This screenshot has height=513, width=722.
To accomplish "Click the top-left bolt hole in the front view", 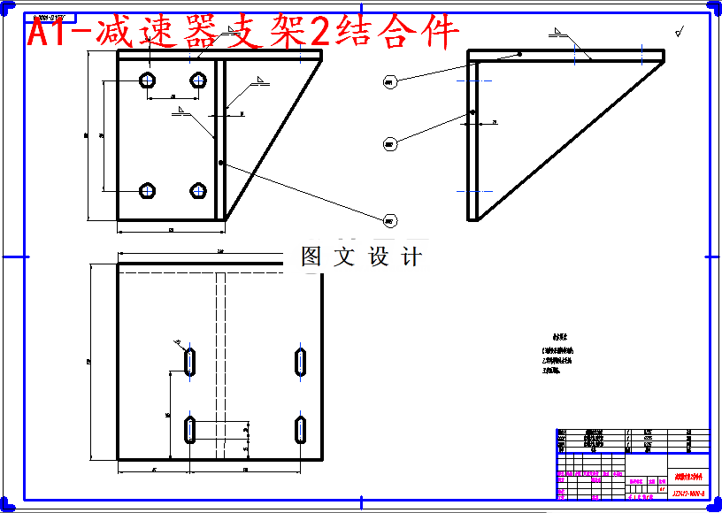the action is [x=149, y=81].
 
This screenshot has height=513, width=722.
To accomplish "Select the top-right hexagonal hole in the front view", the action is [x=198, y=81].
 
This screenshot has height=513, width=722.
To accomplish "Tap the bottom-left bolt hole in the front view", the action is [x=149, y=190].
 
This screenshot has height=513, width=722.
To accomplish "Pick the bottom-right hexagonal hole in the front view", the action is [x=198, y=190].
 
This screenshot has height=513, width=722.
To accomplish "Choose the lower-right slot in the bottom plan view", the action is [x=301, y=428].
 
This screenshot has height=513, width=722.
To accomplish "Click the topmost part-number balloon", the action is [x=388, y=82].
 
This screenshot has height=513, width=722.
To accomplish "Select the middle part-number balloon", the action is [x=388, y=143].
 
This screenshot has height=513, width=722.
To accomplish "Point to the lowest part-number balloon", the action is [x=388, y=219].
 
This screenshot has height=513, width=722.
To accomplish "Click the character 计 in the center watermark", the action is [x=411, y=256].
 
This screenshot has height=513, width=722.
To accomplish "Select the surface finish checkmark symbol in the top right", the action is [x=680, y=32].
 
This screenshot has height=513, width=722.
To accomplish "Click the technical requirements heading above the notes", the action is [x=559, y=336].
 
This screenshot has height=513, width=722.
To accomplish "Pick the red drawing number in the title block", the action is [x=687, y=494].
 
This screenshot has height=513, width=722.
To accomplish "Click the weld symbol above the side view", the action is [x=559, y=33].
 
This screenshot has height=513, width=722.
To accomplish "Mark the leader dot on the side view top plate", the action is [x=520, y=54].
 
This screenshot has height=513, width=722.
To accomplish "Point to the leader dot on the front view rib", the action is [x=219, y=163].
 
